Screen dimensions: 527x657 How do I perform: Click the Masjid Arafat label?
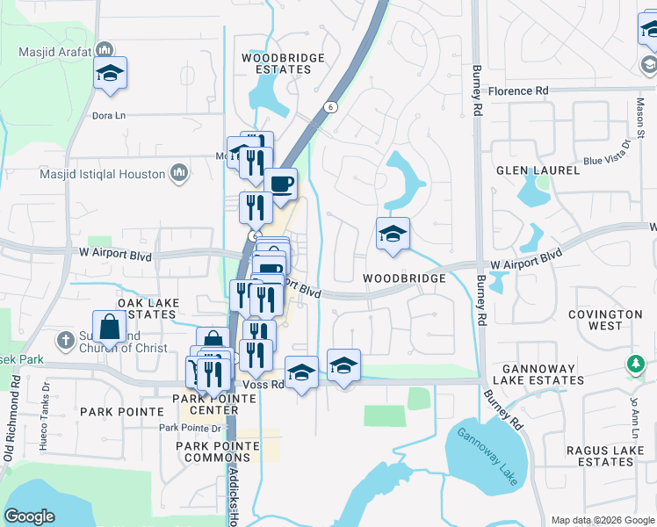coord(55,52)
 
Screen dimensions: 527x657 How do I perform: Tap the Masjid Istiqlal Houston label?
coord(103,174)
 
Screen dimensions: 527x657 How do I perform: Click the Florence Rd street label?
coord(517,91)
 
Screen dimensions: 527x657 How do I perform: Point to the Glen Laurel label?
coord(538,170)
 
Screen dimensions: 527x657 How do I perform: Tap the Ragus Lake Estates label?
coord(599,455)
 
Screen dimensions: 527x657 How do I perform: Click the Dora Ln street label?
coord(109,115)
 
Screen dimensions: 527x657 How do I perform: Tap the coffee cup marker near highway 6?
coord(281,184)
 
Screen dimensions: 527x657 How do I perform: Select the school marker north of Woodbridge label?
coord(393,234)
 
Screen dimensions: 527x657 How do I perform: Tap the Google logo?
coord(29,516)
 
